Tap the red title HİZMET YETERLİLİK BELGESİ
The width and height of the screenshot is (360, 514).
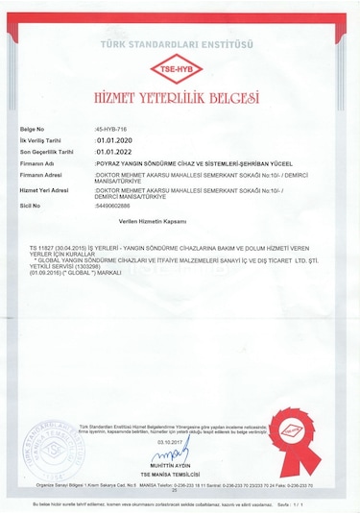180,98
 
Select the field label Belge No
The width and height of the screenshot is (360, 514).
34,128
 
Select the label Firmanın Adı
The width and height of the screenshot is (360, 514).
39,164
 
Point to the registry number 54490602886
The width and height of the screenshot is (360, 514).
119,206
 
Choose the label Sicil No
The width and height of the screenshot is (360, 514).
31,206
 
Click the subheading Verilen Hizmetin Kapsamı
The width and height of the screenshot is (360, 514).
146,221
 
